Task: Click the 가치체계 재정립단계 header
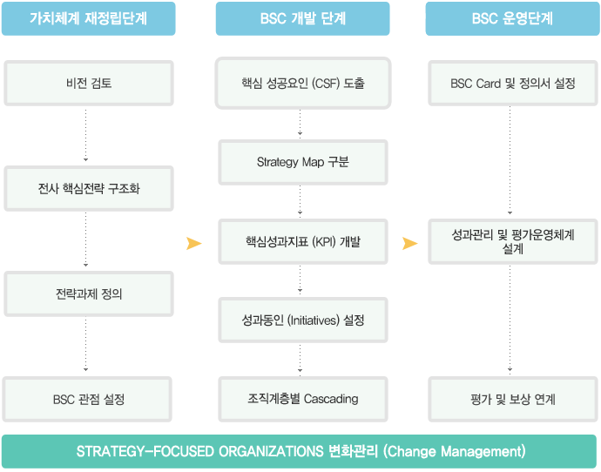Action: pos(89,18)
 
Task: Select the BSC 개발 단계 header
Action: pos(303,18)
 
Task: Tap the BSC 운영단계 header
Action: pos(512,18)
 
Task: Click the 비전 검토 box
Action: pos(89,83)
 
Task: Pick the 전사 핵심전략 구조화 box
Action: pos(89,188)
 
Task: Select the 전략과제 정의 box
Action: pos(89,293)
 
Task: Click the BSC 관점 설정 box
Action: pos(87,399)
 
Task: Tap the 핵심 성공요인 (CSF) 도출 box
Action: pos(303,83)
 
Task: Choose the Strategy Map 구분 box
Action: pos(303,163)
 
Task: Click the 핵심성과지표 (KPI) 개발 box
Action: pos(303,242)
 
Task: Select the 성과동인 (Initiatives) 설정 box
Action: pos(303,320)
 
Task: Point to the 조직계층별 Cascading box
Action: pos(303,399)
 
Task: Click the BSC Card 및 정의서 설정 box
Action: pos(513,83)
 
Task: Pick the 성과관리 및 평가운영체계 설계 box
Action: pos(513,242)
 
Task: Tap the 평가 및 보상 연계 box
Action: pos(513,399)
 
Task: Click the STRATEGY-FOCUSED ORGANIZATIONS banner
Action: pos(299,451)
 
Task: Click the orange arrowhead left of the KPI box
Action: pos(194,243)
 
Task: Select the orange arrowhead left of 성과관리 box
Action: pos(409,243)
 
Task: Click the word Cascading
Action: pos(331,399)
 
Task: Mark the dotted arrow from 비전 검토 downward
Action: pos(86,134)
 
